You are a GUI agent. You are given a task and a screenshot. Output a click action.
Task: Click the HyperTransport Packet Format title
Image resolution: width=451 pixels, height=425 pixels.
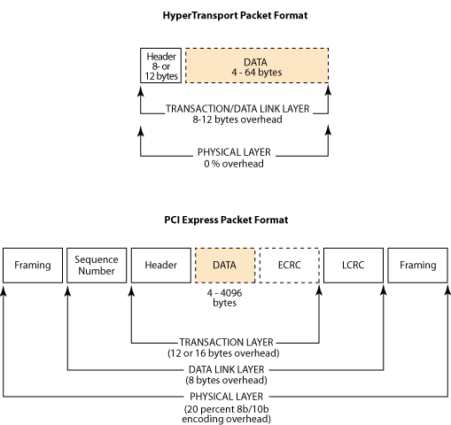pyautogui.click(x=235, y=15)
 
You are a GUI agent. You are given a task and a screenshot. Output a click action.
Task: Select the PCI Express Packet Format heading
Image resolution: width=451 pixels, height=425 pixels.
pyautogui.click(x=226, y=220)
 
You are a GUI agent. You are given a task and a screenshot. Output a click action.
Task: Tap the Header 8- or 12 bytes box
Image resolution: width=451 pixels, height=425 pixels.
pyautogui.click(x=160, y=66)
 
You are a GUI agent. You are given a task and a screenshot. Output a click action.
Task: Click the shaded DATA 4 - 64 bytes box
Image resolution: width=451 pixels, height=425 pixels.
pyautogui.click(x=257, y=66)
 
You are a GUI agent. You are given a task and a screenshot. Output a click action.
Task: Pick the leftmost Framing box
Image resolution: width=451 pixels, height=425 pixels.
pyautogui.click(x=33, y=266)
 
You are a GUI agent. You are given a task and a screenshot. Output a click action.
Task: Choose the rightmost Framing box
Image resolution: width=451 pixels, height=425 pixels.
pyautogui.click(x=418, y=266)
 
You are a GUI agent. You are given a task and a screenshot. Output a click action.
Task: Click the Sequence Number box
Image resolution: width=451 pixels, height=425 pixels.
pyautogui.click(x=97, y=266)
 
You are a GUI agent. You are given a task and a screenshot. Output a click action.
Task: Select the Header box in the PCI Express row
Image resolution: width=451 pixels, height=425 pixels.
pyautogui.click(x=161, y=266)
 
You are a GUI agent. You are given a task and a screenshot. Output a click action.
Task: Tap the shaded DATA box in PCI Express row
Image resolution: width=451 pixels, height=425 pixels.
pyautogui.click(x=225, y=266)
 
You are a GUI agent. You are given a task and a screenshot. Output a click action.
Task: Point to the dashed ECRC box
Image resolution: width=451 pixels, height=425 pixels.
pyautogui.click(x=290, y=266)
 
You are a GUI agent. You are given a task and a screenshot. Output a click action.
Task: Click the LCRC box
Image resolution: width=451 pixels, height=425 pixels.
pyautogui.click(x=354, y=266)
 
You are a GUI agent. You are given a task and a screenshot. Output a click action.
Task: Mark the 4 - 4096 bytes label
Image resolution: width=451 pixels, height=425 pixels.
pyautogui.click(x=224, y=297)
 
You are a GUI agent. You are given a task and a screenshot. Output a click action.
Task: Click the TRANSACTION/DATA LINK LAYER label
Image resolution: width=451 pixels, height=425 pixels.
pyautogui.click(x=237, y=109)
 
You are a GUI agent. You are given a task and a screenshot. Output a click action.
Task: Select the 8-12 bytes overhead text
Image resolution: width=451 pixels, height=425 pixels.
pyautogui.click(x=237, y=120)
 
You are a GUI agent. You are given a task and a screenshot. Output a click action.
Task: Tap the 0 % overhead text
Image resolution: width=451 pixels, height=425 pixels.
pyautogui.click(x=234, y=164)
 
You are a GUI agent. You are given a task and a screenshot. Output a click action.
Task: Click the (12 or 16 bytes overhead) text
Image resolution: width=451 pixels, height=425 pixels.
pyautogui.click(x=223, y=353)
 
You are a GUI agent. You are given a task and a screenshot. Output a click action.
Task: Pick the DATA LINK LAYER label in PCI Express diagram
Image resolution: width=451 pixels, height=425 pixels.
pyautogui.click(x=227, y=369)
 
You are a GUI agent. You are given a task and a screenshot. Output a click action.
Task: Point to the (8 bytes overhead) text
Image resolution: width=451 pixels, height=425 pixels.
pyautogui.click(x=227, y=380)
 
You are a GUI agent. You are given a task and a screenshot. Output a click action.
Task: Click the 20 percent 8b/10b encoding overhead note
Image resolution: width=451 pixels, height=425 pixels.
pyautogui.click(x=227, y=414)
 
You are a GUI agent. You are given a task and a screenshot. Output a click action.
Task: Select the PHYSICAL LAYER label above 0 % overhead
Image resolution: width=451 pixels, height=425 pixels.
pyautogui.click(x=234, y=152)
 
